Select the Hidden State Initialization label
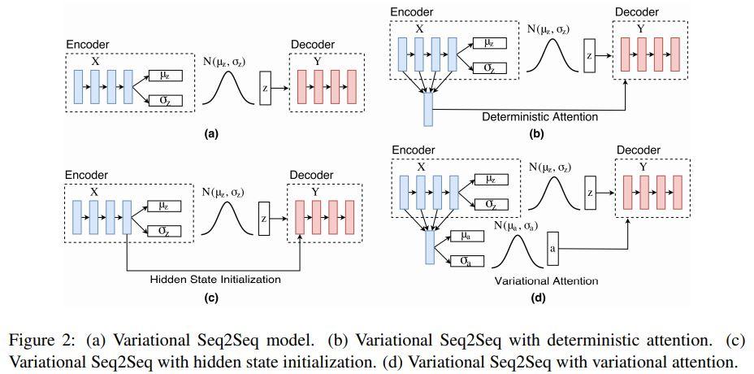coord(215,279)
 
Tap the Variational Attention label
coord(546,281)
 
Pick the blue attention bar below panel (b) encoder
coord(428,109)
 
